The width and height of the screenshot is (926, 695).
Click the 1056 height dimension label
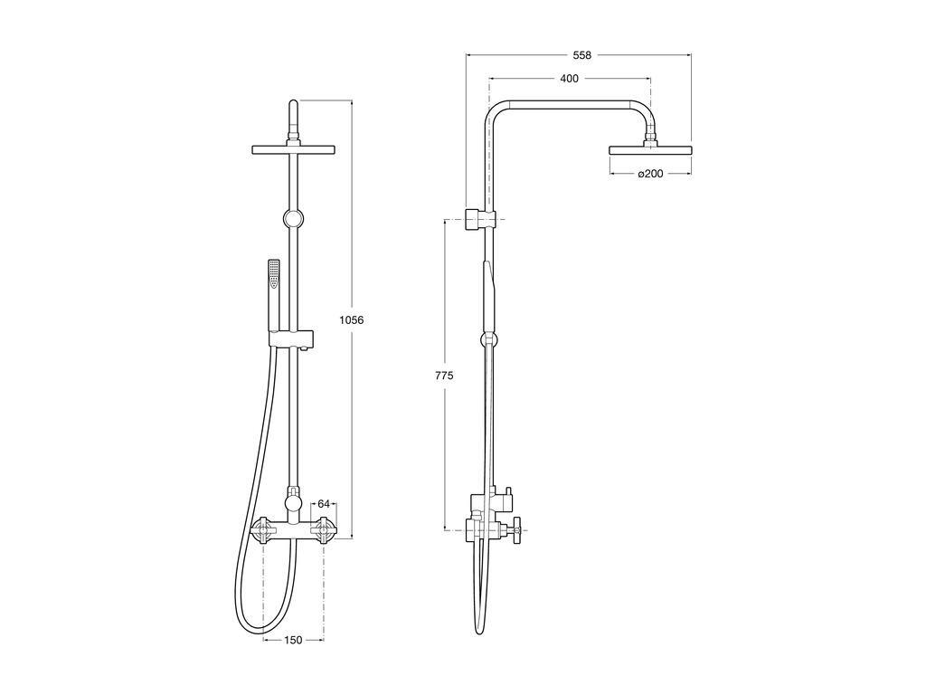point(352,320)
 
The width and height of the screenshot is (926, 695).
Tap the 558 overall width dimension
point(581,55)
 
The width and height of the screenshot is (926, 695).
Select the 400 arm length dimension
point(570,78)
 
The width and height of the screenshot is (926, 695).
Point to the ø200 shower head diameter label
point(650,174)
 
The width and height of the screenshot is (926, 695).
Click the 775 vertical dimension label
point(444,376)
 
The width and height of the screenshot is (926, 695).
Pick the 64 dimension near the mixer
point(324,503)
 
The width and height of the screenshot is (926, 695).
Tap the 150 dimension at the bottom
point(293,640)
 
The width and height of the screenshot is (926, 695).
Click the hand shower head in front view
point(274,274)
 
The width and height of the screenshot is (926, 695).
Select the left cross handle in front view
point(263,529)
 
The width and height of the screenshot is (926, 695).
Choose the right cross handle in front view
point(324,529)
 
